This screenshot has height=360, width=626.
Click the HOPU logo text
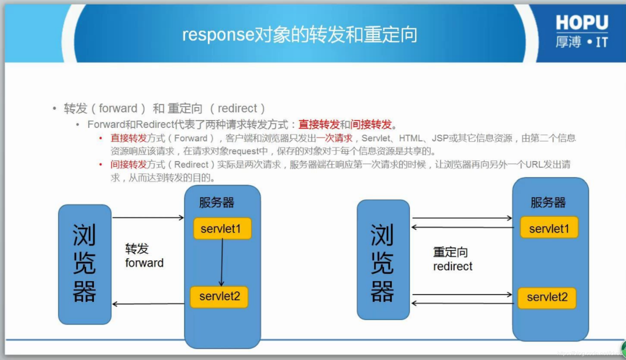point(582,23)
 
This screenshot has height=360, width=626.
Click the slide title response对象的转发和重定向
point(299,35)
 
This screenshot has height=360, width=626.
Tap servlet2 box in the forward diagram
point(219,297)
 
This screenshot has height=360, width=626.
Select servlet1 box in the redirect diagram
point(549,228)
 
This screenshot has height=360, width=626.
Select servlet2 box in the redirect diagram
point(547,297)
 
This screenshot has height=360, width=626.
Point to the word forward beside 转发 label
point(144,263)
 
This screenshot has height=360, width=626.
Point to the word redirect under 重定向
point(453,266)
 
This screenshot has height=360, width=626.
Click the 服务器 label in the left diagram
point(217,203)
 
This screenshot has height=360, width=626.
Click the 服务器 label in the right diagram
point(548,203)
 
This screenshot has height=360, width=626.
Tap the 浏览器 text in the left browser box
point(84,263)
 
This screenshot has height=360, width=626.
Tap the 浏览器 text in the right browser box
point(382,263)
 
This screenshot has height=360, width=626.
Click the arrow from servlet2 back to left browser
point(148,304)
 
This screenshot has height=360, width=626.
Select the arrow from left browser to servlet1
point(148,217)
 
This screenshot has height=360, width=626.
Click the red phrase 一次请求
point(335,138)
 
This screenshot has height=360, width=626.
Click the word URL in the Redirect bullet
point(534,165)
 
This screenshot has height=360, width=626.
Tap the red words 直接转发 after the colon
point(319,125)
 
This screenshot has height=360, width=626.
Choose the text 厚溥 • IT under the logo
point(582,42)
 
